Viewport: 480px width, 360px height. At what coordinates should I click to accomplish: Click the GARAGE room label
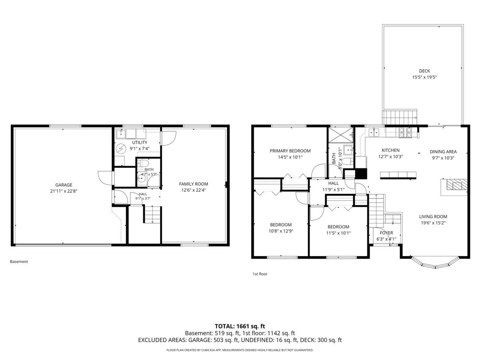pyautogui.click(x=64, y=185)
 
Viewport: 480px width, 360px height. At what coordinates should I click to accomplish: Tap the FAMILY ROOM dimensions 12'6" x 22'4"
pyautogui.click(x=194, y=190)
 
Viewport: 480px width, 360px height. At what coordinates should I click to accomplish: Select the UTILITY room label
pyautogui.click(x=140, y=142)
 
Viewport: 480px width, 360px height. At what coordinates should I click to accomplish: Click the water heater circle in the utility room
pyautogui.click(x=120, y=149)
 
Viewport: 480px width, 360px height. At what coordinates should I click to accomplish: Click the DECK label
pyautogui.click(x=424, y=71)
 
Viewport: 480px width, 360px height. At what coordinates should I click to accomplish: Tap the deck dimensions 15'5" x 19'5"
pyautogui.click(x=424, y=77)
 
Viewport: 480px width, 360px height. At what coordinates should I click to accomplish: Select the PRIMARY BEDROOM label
pyautogui.click(x=290, y=151)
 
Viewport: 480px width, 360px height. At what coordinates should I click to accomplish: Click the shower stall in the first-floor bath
pyautogui.click(x=341, y=135)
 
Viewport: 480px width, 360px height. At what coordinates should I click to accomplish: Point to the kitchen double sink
pyautogui.click(x=374, y=132)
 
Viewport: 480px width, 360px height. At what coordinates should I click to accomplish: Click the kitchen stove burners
pyautogui.click(x=405, y=133)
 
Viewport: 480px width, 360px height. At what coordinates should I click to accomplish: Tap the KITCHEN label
pyautogui.click(x=390, y=150)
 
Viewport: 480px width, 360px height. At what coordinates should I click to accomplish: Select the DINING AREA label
pyautogui.click(x=443, y=152)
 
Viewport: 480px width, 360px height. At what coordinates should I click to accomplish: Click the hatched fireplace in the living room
pyautogui.click(x=457, y=185)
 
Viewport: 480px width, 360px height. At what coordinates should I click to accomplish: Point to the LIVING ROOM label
pyautogui.click(x=433, y=217)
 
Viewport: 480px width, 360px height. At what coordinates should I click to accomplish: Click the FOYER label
pyautogui.click(x=386, y=233)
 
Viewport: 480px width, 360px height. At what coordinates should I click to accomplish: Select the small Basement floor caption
pyautogui.click(x=19, y=262)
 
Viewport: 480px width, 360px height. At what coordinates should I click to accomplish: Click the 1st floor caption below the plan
pyautogui.click(x=260, y=274)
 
